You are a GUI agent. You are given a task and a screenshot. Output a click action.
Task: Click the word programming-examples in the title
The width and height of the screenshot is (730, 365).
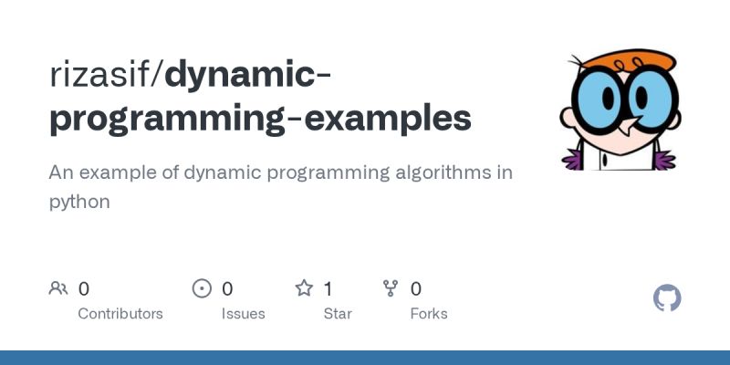click(x=260, y=119)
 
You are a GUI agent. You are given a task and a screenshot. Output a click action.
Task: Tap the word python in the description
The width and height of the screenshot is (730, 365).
click(x=79, y=202)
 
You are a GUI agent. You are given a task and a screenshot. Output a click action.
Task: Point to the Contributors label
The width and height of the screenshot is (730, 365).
click(x=120, y=313)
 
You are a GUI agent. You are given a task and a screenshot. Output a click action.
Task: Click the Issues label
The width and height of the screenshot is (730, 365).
click(x=243, y=313)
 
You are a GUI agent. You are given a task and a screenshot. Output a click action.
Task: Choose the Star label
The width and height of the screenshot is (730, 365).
click(x=339, y=313)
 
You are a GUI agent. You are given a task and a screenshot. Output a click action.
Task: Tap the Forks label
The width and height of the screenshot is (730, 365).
click(x=429, y=313)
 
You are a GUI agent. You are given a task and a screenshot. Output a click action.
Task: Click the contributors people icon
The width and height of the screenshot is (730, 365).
click(x=58, y=289)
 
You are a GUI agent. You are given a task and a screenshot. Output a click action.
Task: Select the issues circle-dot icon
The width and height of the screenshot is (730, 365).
click(x=202, y=289)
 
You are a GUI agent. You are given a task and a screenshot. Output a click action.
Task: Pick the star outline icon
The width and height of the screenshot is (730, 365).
click(x=304, y=289)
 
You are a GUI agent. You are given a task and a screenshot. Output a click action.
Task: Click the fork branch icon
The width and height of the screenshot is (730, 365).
click(x=391, y=289)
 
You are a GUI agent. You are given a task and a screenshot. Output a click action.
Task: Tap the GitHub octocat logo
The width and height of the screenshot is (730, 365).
click(x=668, y=298)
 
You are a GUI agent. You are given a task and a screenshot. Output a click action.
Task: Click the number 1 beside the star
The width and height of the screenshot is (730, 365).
click(x=328, y=289)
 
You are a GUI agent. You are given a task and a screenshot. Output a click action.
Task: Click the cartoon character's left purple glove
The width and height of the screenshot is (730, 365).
click(x=573, y=160)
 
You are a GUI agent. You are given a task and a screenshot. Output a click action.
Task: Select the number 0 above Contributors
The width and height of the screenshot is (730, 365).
click(x=84, y=289)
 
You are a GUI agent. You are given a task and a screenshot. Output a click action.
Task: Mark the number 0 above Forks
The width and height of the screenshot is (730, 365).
click(x=416, y=289)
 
